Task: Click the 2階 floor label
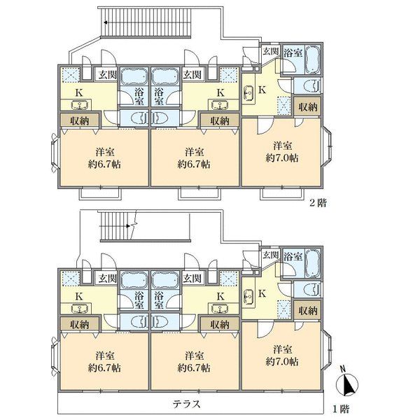coord(318,203)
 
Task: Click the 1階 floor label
coord(341,409)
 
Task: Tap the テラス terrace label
coord(187,404)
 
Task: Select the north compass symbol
coord(347,384)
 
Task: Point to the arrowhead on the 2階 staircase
coord(106,22)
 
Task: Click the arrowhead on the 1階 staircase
coord(128,226)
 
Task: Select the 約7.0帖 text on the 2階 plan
coord(282,158)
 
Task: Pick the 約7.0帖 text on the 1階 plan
coord(282,362)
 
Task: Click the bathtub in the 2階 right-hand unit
coord(313,59)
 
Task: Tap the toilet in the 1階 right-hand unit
coord(311,290)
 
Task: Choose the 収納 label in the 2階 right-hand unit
coord(308,107)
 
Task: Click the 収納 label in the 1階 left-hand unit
coord(80,325)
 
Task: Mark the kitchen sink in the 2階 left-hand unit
coord(80,105)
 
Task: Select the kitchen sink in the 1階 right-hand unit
coord(248,296)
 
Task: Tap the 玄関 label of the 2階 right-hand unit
coord(271,51)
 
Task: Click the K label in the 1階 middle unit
coord(220,296)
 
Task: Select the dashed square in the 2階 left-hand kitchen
coord(71,74)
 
